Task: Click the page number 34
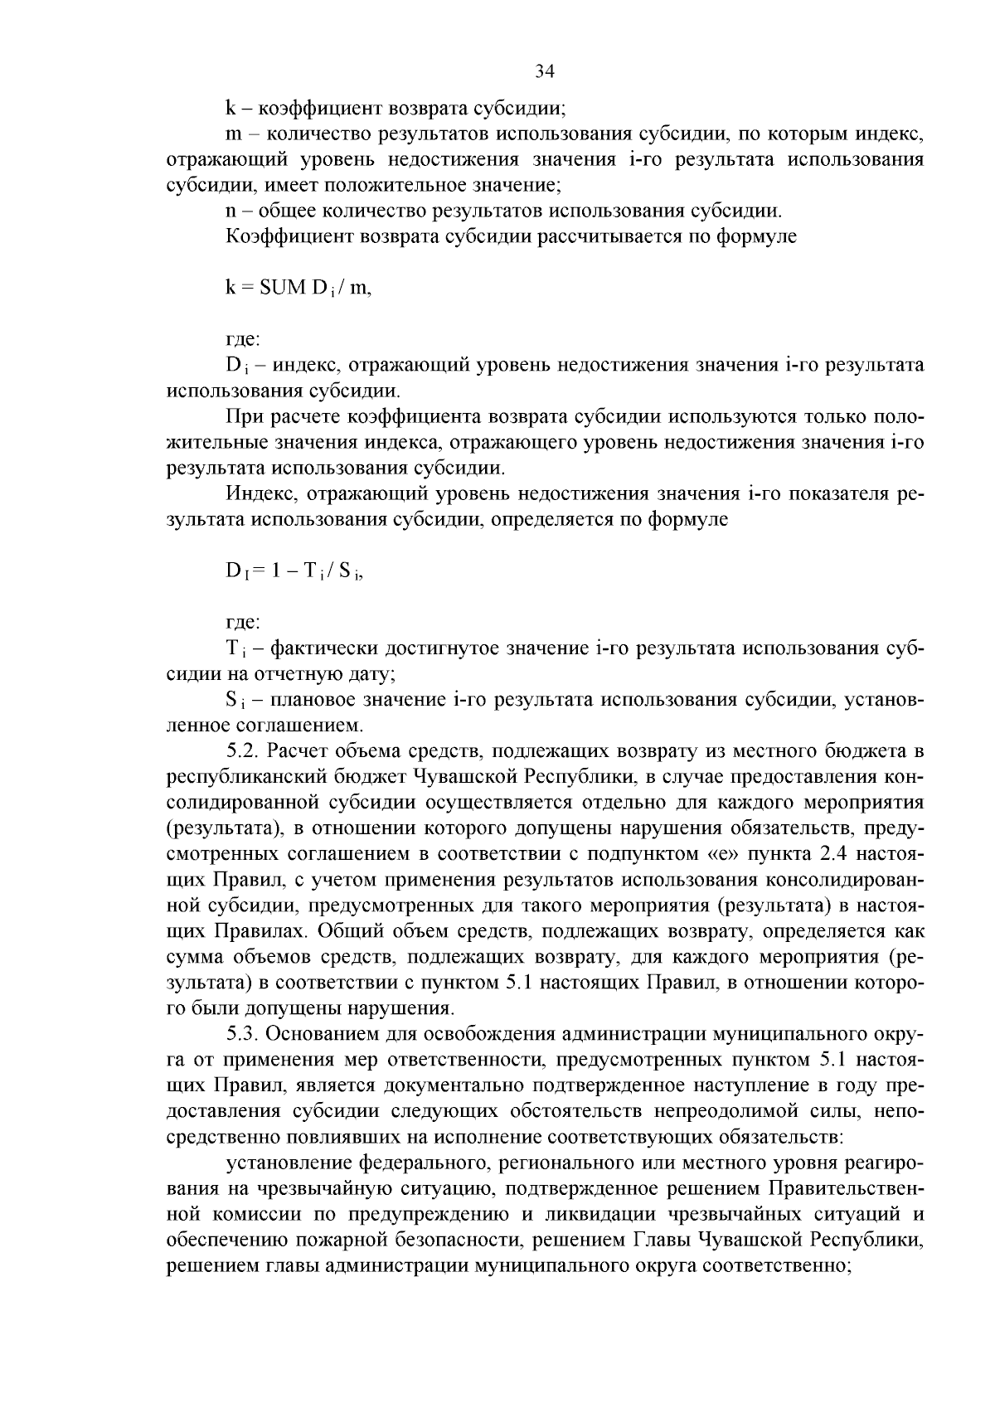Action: click(544, 71)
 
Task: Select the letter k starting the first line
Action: click(230, 108)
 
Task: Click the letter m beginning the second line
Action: click(232, 134)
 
